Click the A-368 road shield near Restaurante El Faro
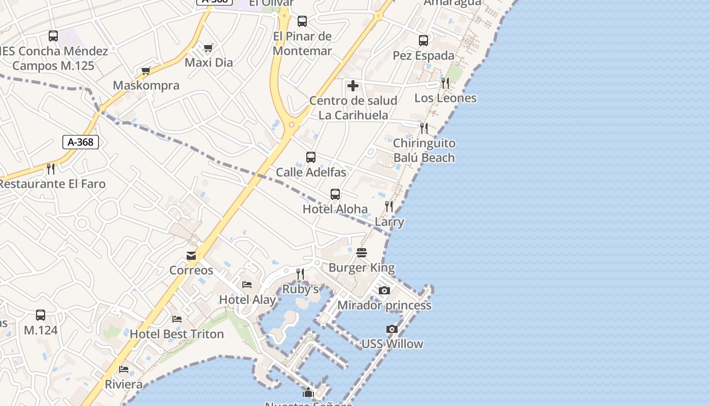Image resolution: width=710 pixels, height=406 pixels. (81, 142)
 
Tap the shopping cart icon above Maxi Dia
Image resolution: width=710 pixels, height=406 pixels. (208, 48)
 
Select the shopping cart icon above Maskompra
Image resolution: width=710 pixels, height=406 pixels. (146, 71)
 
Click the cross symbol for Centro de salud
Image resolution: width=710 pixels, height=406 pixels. (353, 86)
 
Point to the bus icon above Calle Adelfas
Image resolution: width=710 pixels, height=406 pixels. (311, 157)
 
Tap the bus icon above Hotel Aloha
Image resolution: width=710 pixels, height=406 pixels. (335, 194)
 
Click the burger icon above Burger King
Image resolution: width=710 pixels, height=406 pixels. (362, 253)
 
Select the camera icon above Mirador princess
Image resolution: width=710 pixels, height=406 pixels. (384, 290)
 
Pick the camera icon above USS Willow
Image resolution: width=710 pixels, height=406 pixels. (392, 329)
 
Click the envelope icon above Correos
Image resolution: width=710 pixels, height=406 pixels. (191, 256)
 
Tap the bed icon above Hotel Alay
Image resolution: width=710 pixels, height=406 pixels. (247, 285)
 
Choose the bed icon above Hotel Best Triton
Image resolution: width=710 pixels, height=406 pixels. (177, 319)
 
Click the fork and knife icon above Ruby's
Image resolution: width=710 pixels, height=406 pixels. (300, 274)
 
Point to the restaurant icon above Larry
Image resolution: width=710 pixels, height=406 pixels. (389, 207)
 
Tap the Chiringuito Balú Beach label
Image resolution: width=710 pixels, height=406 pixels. (424, 150)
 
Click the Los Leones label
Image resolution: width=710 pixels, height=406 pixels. (445, 98)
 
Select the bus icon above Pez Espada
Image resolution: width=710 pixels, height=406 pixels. (423, 41)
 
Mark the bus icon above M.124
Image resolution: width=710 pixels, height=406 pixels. (41, 315)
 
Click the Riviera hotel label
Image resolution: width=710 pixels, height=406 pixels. (124, 384)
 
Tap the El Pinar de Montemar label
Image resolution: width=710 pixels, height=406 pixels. (302, 44)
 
